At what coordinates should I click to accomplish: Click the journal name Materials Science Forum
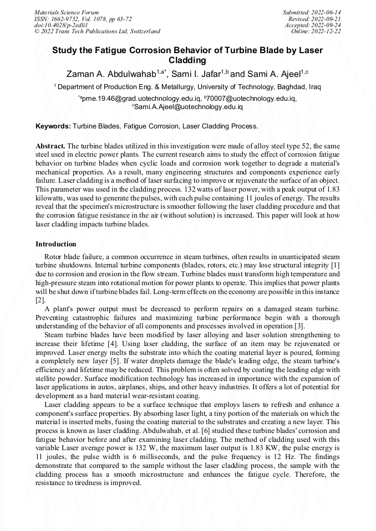(67, 12)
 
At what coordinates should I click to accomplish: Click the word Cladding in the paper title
(187, 60)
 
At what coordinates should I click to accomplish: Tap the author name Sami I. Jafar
(196, 74)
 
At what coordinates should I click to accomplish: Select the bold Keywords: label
(53, 126)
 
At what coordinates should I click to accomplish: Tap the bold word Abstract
(50, 145)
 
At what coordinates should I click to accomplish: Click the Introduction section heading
(56, 244)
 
